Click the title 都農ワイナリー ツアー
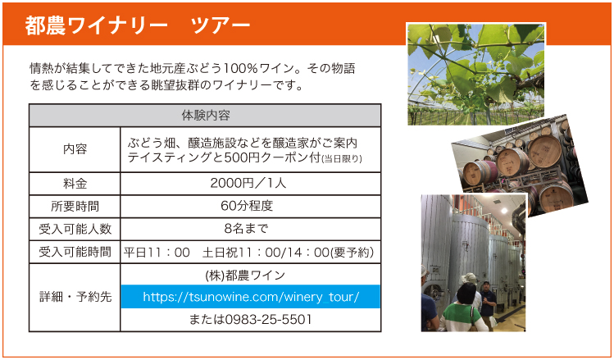pos(138,25)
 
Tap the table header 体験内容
pos(206,115)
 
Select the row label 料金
pos(75,184)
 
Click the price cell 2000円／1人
pos(248,183)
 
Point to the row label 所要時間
pos(75,206)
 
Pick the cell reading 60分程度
pos(247,206)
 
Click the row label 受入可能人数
pos(75,229)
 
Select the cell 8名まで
pos(246,228)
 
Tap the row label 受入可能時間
pos(75,252)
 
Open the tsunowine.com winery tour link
pos(251,297)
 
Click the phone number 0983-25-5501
pos(268,319)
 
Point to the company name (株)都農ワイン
pos(245,276)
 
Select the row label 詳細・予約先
pos(75,297)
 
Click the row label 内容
pos(75,149)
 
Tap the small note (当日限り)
pos(342,159)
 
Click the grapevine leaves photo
pos(476,74)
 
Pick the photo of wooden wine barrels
pos(520,166)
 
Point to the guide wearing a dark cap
pos(488,303)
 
